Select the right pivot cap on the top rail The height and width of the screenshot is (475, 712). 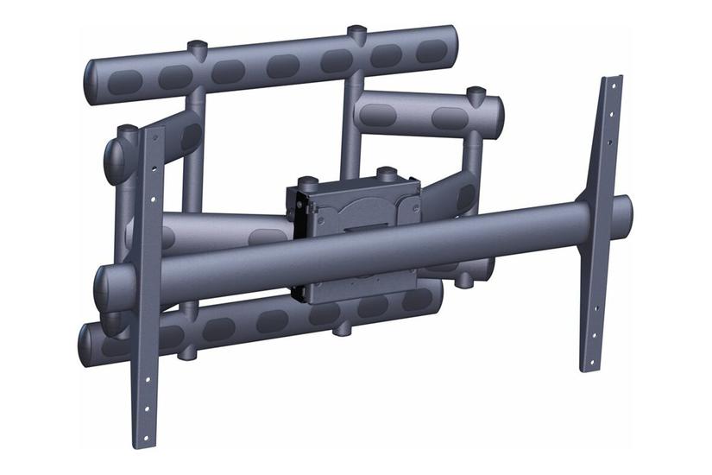coord(356,34)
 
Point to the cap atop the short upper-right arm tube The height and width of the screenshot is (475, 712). coord(475,92)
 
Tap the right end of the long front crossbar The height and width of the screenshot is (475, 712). coord(625,211)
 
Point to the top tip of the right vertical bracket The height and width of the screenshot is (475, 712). coord(612,80)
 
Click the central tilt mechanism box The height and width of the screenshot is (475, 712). coord(354,212)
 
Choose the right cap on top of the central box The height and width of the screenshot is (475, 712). coord(386,172)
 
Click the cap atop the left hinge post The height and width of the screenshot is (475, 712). coord(128,131)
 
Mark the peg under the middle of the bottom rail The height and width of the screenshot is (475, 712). coord(343,328)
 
